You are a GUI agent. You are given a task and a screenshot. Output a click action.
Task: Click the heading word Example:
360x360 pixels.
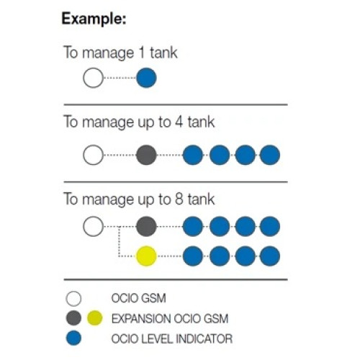tap(94, 19)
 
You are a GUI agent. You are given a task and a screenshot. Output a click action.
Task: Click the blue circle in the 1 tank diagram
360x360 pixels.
tap(146, 78)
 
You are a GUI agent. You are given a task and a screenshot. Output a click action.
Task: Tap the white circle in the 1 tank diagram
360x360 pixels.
tap(93, 78)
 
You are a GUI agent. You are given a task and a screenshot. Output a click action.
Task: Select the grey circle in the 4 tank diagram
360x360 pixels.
tap(146, 155)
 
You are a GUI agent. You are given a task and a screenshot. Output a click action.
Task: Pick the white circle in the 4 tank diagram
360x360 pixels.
tap(93, 155)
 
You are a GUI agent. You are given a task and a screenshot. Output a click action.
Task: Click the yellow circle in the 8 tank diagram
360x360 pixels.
tap(146, 256)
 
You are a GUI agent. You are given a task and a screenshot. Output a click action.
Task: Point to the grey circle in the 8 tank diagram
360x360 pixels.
tap(146, 226)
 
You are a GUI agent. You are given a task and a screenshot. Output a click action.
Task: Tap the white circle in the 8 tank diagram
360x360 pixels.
tap(93, 226)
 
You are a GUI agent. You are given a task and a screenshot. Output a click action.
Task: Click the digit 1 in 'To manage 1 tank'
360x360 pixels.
tap(142, 53)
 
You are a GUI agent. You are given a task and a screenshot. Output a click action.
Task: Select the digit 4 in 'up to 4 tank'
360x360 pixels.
tap(179, 122)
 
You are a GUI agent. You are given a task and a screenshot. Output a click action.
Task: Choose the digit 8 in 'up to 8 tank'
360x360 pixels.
tap(179, 199)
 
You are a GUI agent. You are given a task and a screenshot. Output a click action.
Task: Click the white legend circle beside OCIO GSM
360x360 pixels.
tap(73, 299)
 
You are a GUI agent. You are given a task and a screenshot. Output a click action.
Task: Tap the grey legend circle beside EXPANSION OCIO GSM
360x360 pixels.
tap(73, 318)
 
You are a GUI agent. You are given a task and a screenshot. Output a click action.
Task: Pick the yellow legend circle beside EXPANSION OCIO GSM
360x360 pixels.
tap(95, 318)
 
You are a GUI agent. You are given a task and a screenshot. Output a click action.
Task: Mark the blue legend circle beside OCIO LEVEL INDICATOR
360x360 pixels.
tap(73, 338)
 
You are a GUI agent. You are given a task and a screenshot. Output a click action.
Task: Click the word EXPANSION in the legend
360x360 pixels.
tap(141, 319)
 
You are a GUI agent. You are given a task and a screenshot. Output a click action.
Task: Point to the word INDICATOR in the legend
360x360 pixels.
tap(204, 339)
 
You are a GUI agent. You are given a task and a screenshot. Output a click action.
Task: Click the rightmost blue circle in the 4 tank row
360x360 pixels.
tap(270, 155)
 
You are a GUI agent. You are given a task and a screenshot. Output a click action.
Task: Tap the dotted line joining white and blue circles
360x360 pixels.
tap(120, 78)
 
